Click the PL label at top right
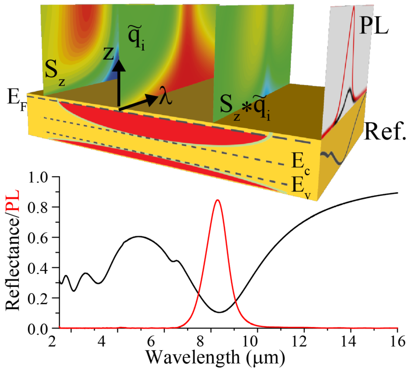(x=374, y=27)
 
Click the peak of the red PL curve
(x=218, y=200)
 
